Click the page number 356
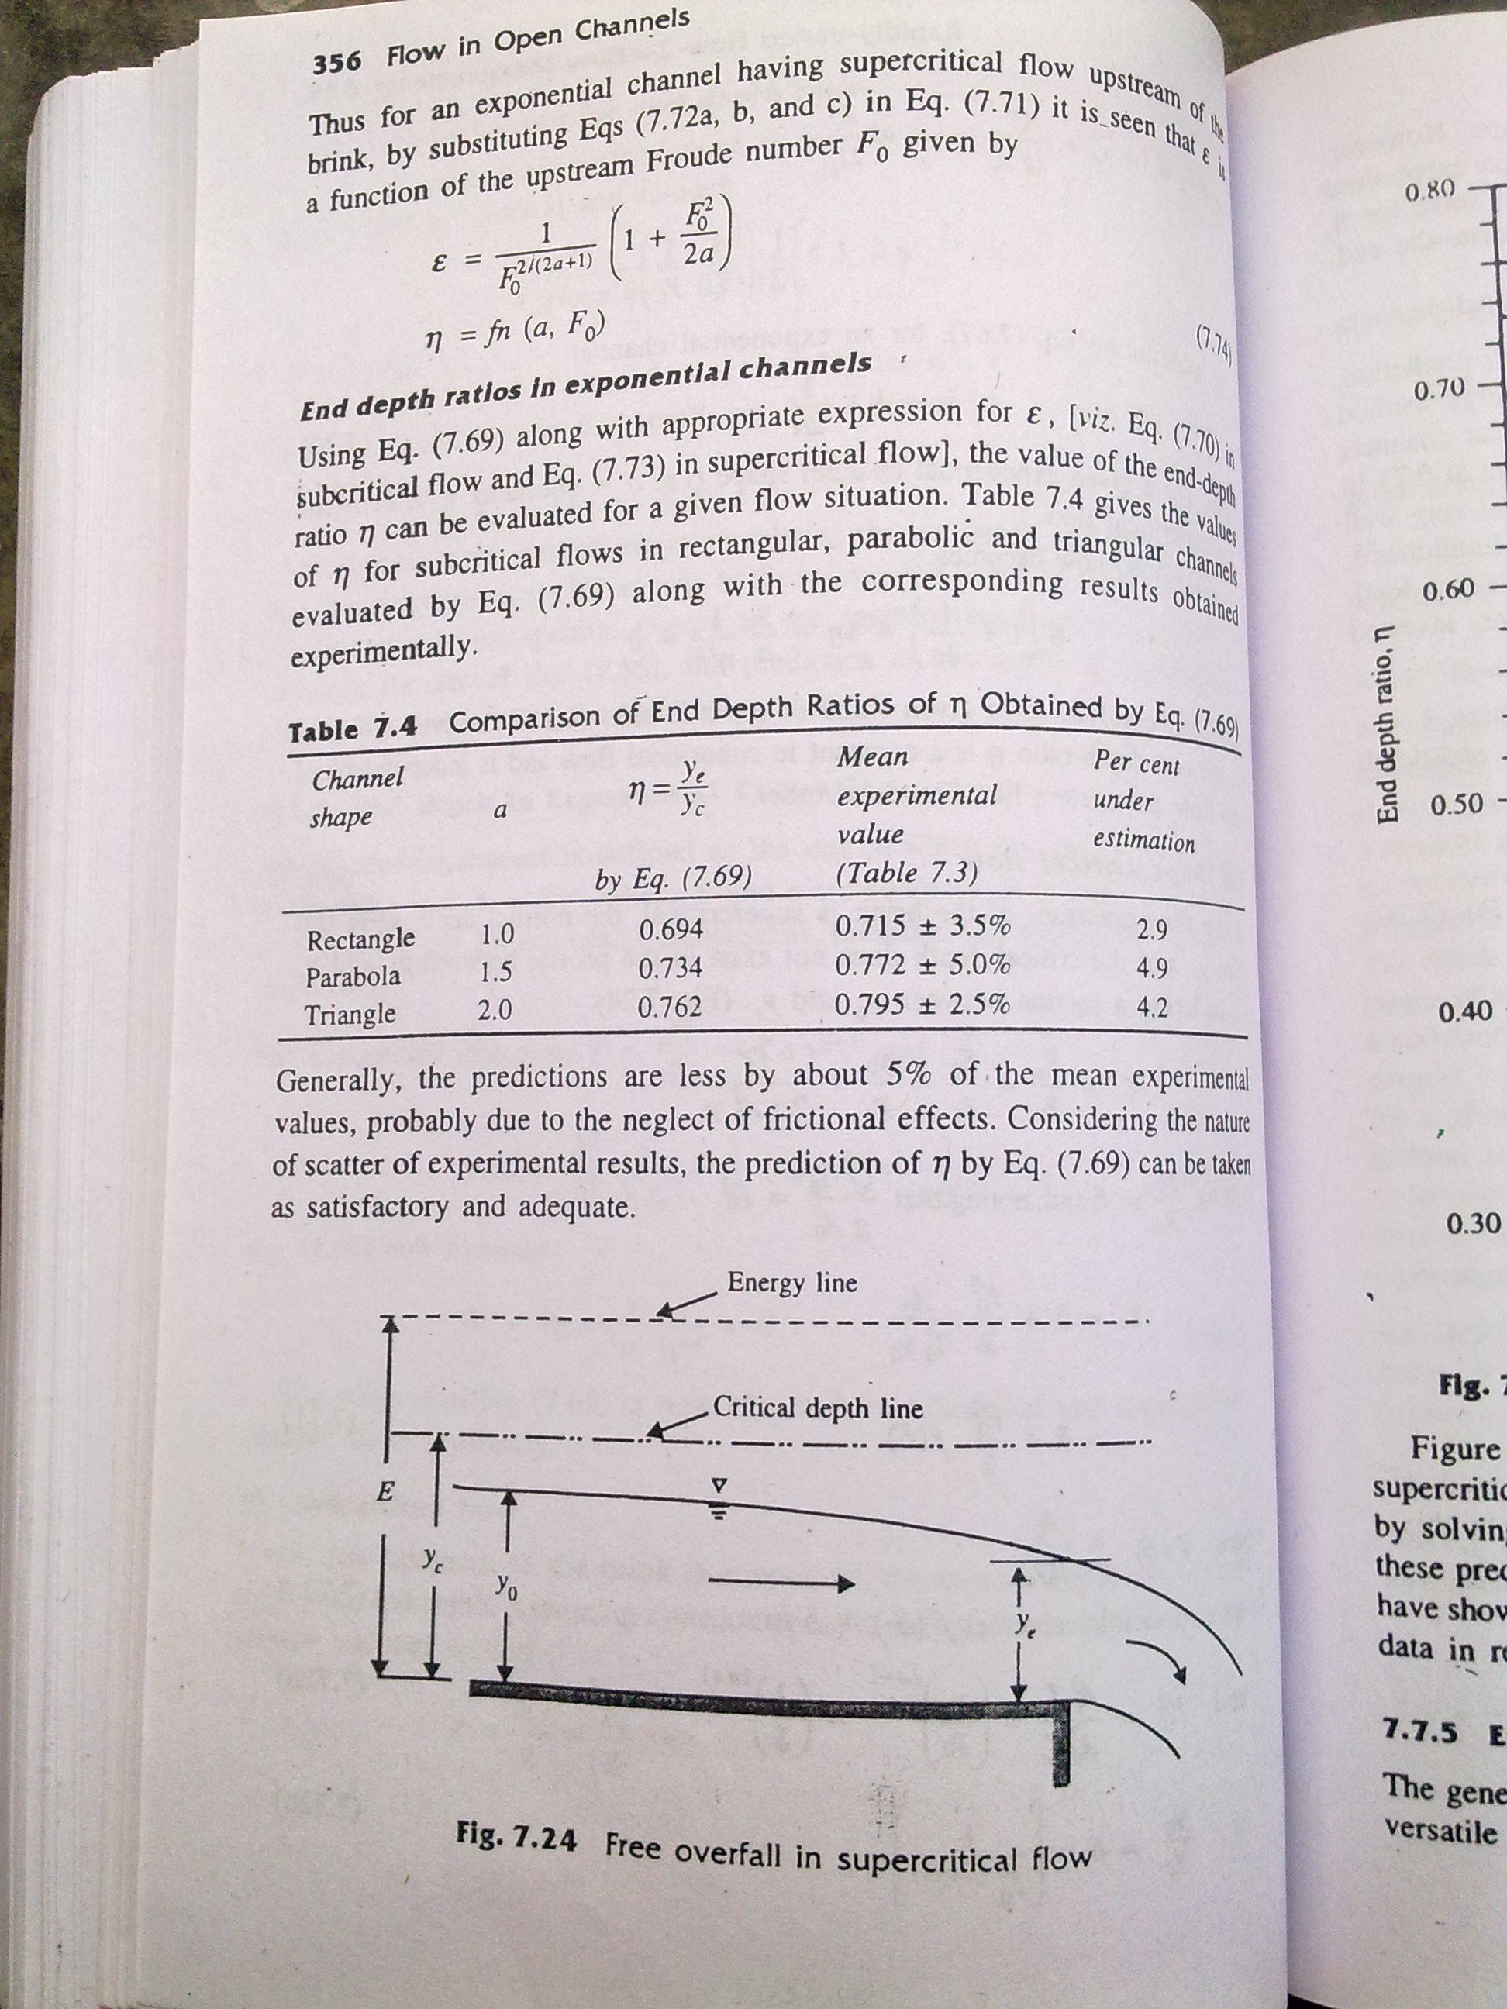point(336,63)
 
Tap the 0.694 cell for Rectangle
point(671,929)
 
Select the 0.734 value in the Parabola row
point(671,968)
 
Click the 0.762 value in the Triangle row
point(670,1006)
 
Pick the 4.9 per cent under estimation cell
point(1152,968)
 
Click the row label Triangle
point(350,1014)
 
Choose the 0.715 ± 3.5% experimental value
point(922,925)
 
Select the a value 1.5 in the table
point(495,972)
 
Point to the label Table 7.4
point(351,729)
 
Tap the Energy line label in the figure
point(791,1283)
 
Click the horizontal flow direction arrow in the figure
point(781,1584)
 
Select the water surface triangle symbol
point(718,1487)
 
